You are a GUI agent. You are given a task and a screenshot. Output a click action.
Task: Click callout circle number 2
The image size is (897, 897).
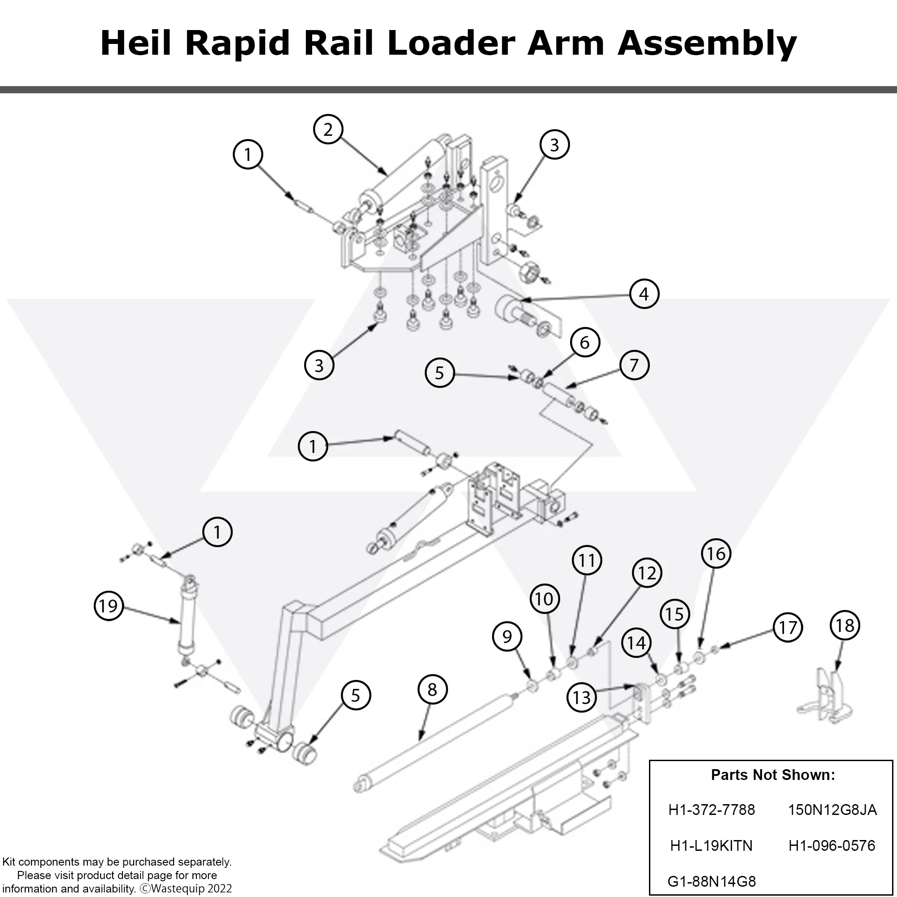click(x=328, y=130)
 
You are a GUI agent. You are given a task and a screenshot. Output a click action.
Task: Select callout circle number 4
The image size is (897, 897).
click(x=644, y=293)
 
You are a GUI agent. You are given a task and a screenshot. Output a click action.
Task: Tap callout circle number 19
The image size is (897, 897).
click(x=109, y=605)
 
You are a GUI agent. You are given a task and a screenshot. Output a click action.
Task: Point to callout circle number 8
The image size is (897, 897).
click(x=432, y=689)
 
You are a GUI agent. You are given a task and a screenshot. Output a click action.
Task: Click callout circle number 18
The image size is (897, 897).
click(x=845, y=625)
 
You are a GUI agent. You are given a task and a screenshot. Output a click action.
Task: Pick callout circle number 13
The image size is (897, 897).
click(x=582, y=697)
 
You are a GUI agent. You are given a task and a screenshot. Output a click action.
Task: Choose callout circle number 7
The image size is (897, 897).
click(x=634, y=365)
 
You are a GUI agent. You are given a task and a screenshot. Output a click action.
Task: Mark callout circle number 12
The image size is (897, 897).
click(x=647, y=573)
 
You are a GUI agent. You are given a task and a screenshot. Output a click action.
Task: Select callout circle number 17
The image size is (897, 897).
click(x=788, y=628)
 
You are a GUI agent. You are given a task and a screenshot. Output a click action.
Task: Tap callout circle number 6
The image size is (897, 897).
click(x=584, y=342)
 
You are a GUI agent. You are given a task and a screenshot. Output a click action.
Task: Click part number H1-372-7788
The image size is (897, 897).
click(x=711, y=810)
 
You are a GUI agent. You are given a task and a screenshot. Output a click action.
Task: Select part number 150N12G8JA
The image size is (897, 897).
click(x=832, y=810)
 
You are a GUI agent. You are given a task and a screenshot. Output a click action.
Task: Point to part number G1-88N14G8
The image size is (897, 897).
click(x=711, y=881)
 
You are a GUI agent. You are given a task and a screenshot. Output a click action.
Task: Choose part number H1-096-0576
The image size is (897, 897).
click(x=832, y=845)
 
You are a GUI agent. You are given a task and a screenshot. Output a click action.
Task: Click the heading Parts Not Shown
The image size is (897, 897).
click(x=773, y=775)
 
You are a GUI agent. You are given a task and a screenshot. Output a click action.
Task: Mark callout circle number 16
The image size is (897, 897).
click(x=716, y=553)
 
